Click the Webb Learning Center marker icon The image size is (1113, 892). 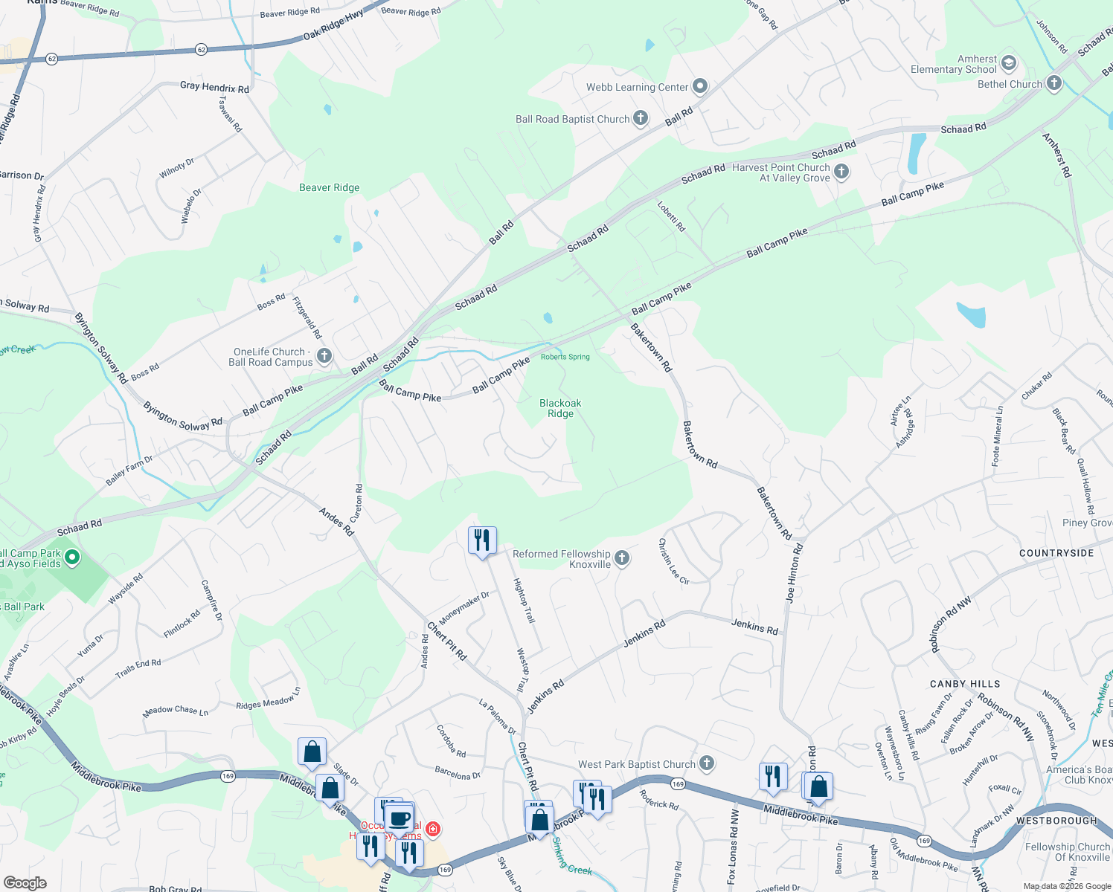click(700, 87)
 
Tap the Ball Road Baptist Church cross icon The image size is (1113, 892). click(641, 118)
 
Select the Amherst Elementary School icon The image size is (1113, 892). click(1009, 63)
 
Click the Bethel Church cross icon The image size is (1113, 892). click(1053, 83)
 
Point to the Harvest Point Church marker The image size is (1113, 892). click(841, 172)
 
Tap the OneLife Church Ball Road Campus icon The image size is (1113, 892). click(324, 356)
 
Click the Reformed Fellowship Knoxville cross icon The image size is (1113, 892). click(622, 558)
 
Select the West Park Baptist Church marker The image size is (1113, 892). click(707, 763)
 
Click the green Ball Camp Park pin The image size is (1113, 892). click(72, 557)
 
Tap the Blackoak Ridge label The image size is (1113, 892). click(560, 408)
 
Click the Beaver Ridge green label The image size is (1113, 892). click(329, 187)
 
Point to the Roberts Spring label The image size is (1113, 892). click(565, 357)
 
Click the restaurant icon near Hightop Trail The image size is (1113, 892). click(482, 540)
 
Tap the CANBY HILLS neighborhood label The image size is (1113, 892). click(965, 684)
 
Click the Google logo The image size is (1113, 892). click(25, 882)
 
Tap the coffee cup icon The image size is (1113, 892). click(400, 818)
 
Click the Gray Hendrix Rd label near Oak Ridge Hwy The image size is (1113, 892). click(214, 87)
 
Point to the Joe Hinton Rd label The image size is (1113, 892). click(794, 572)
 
